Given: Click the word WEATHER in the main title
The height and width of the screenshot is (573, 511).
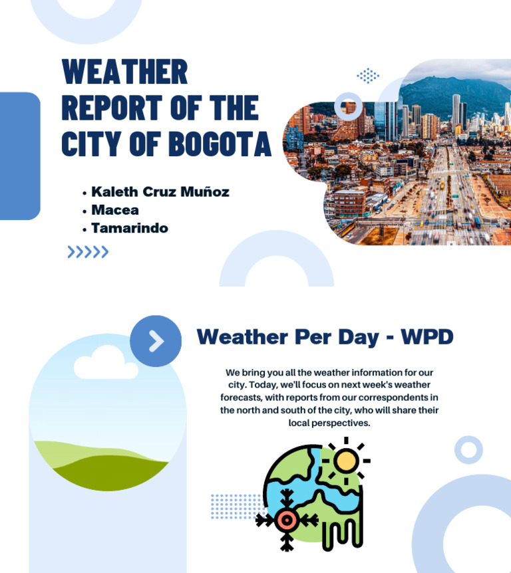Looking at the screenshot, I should (x=124, y=72).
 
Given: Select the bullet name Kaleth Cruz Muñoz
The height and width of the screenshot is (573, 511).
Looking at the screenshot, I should (x=160, y=192).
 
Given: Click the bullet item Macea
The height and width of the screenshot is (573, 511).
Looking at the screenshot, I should (x=115, y=210).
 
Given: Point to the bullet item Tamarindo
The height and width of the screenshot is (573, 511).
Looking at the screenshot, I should (x=130, y=228).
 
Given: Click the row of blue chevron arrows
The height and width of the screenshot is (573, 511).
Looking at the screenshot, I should (x=88, y=252).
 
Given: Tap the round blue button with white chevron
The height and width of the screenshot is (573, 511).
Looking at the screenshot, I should (x=156, y=341).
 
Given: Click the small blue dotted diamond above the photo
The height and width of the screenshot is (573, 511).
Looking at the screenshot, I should (x=368, y=75).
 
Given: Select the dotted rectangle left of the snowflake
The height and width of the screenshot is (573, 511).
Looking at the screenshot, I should (x=234, y=507).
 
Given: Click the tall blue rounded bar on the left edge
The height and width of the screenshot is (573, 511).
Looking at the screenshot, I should (x=19, y=156).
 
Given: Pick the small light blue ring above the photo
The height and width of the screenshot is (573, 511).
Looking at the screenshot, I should (x=348, y=106).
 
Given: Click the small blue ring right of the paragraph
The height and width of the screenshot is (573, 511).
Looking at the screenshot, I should (x=468, y=450).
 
